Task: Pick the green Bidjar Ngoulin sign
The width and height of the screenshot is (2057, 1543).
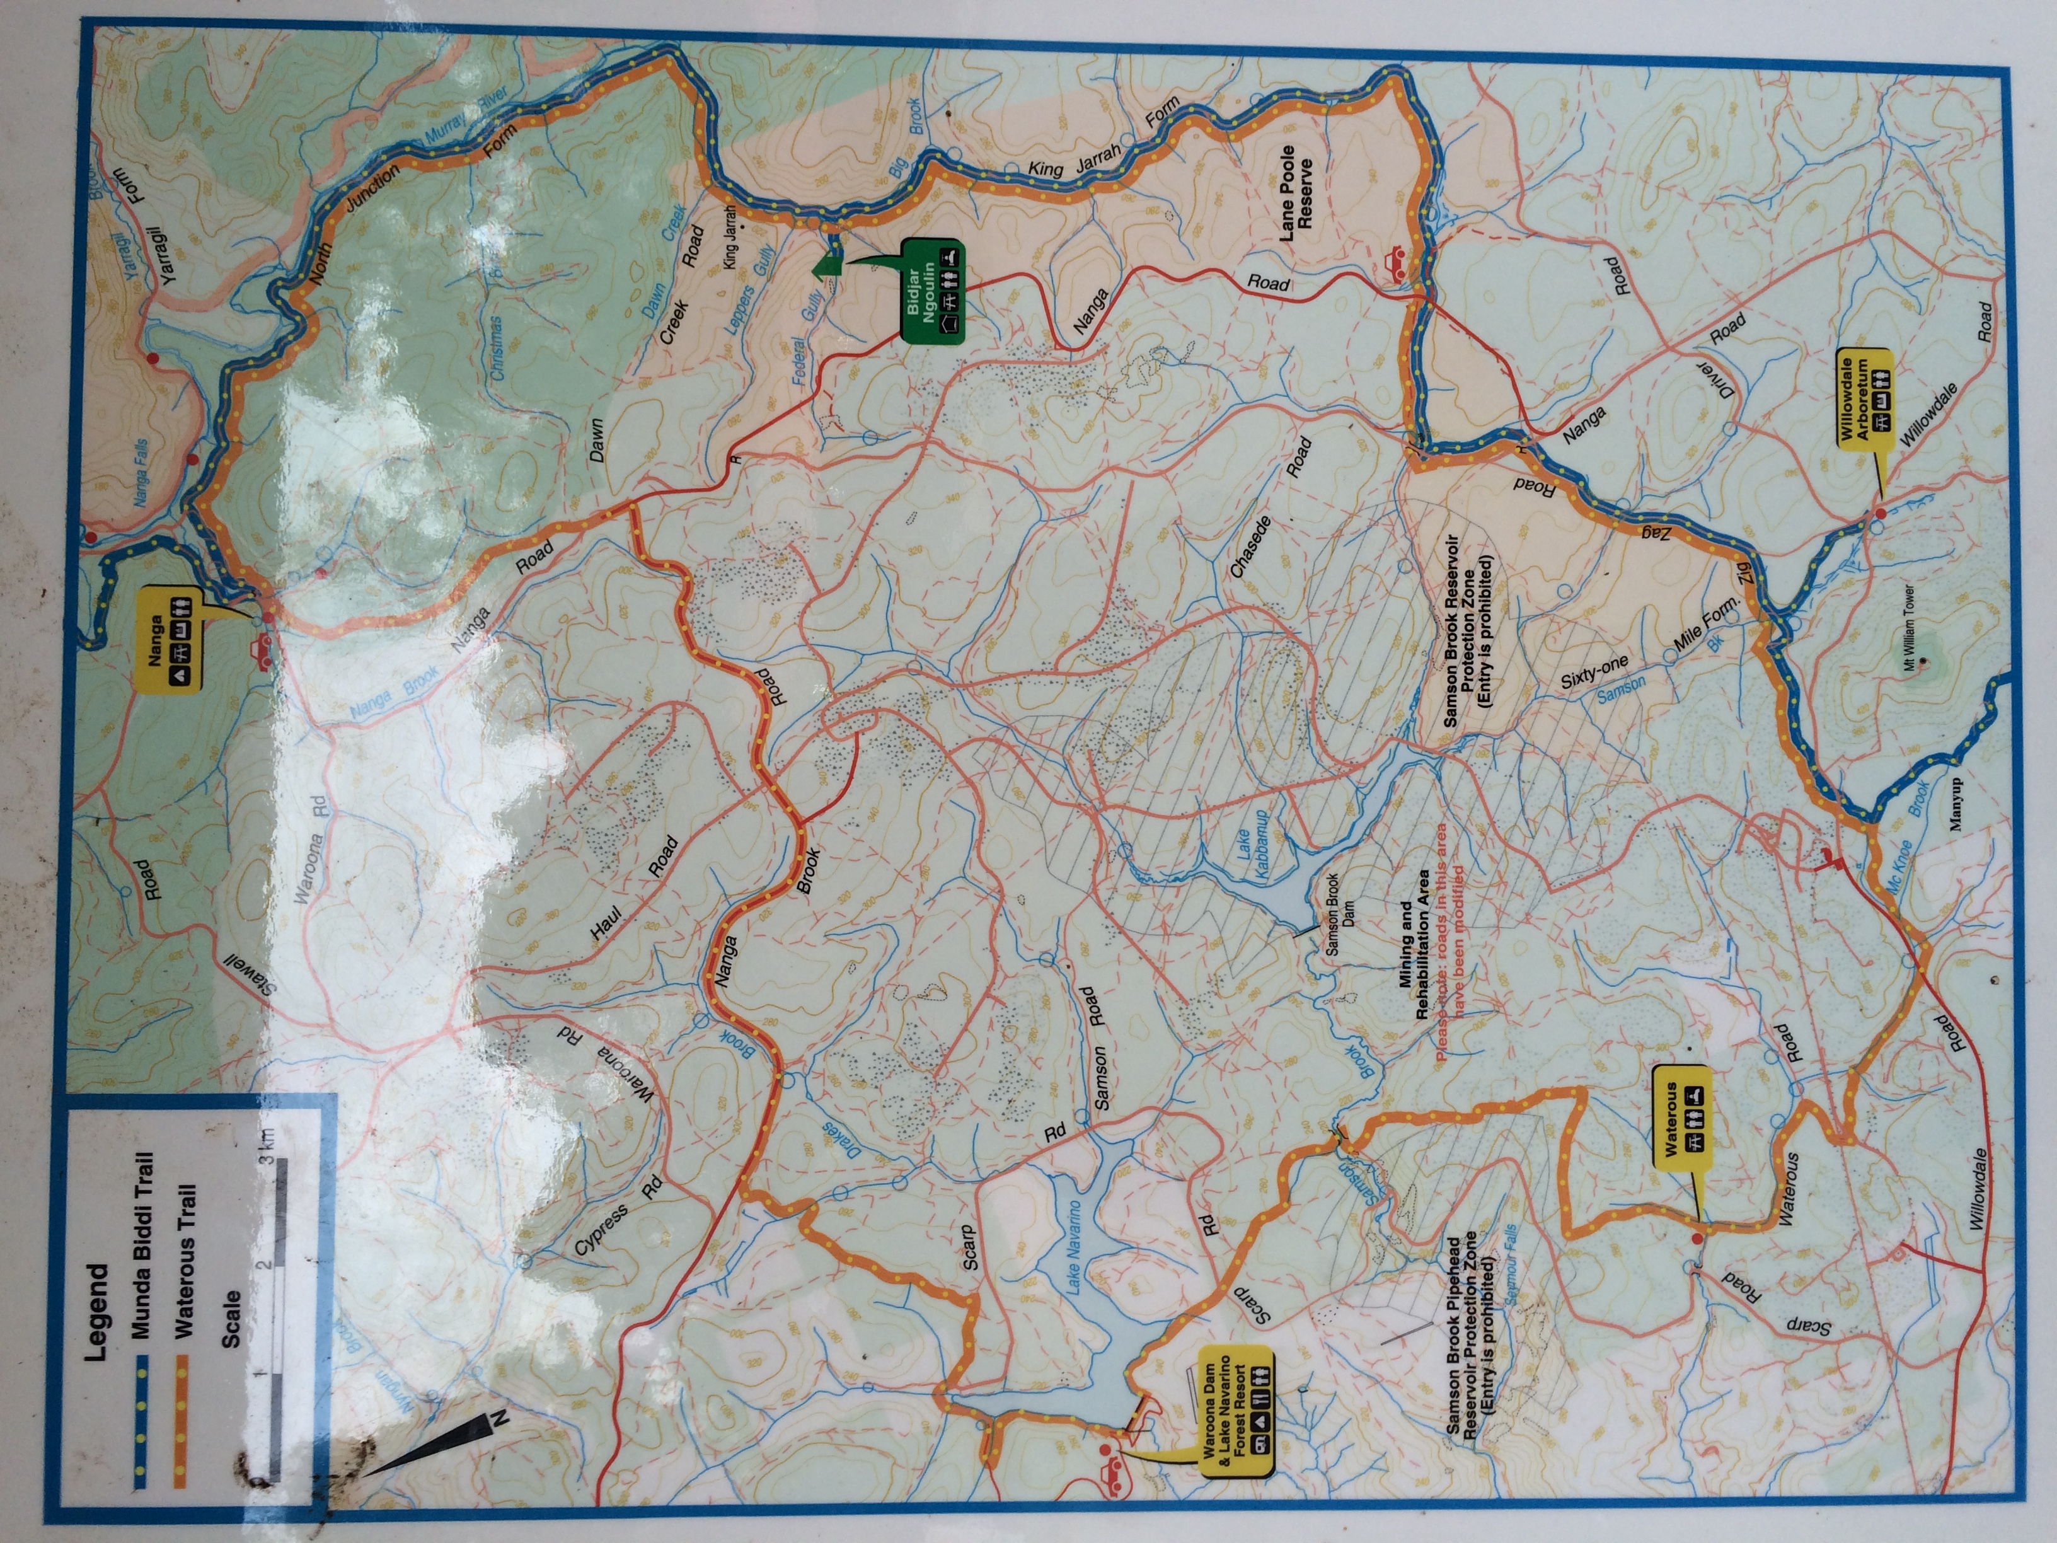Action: coord(932,291)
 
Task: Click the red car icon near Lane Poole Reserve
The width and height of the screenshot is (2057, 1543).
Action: coord(1395,263)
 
